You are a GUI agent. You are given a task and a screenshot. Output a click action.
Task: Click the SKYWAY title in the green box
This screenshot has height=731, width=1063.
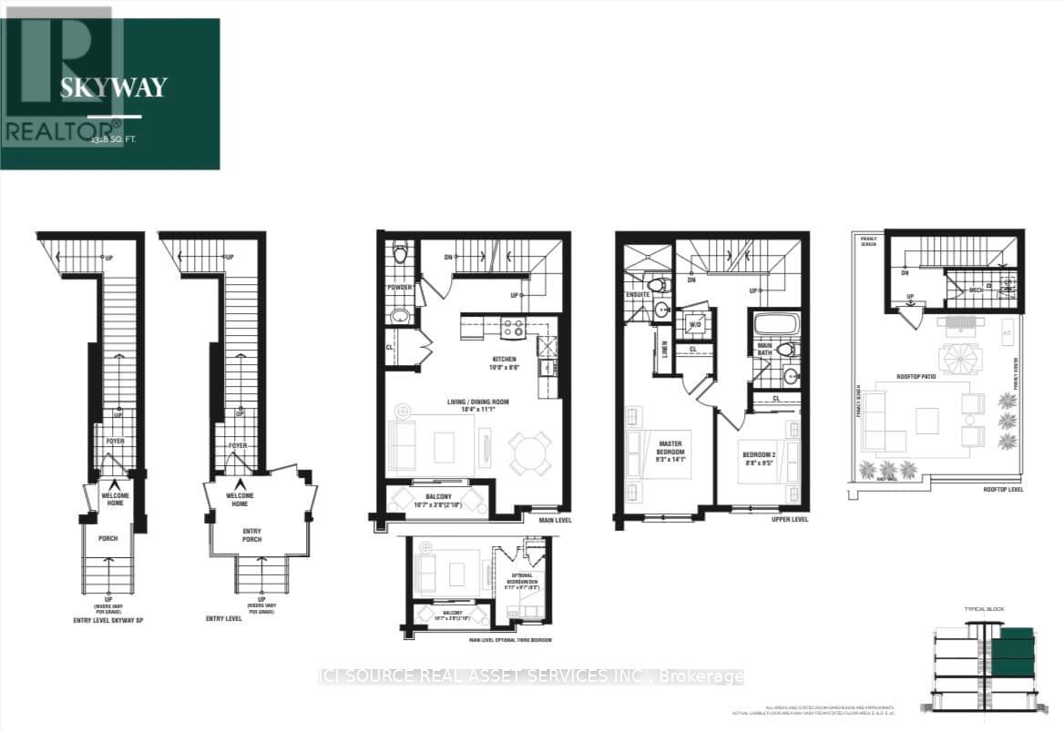(x=114, y=87)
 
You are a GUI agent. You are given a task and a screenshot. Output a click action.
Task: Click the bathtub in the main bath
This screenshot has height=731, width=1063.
(x=777, y=324)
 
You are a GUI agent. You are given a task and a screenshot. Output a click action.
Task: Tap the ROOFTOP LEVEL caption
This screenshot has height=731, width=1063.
(x=1003, y=489)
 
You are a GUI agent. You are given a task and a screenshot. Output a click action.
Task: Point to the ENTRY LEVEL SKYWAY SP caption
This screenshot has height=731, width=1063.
(x=109, y=621)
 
